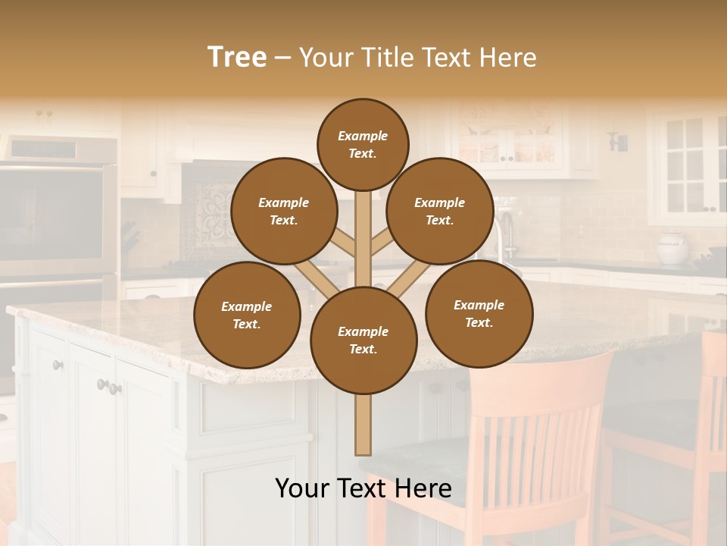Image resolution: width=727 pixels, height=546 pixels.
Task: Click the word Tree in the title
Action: click(237, 57)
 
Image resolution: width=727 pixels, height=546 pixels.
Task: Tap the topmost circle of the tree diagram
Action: click(363, 144)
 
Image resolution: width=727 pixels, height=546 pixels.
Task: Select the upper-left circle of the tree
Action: click(283, 211)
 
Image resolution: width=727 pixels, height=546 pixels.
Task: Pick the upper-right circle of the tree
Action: click(439, 211)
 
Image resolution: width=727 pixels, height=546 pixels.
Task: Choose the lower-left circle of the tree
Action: click(246, 315)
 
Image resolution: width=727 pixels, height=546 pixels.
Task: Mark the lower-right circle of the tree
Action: click(479, 313)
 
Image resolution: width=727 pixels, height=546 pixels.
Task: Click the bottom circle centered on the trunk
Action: click(363, 340)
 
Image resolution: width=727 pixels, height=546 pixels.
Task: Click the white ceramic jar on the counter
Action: click(672, 248)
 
